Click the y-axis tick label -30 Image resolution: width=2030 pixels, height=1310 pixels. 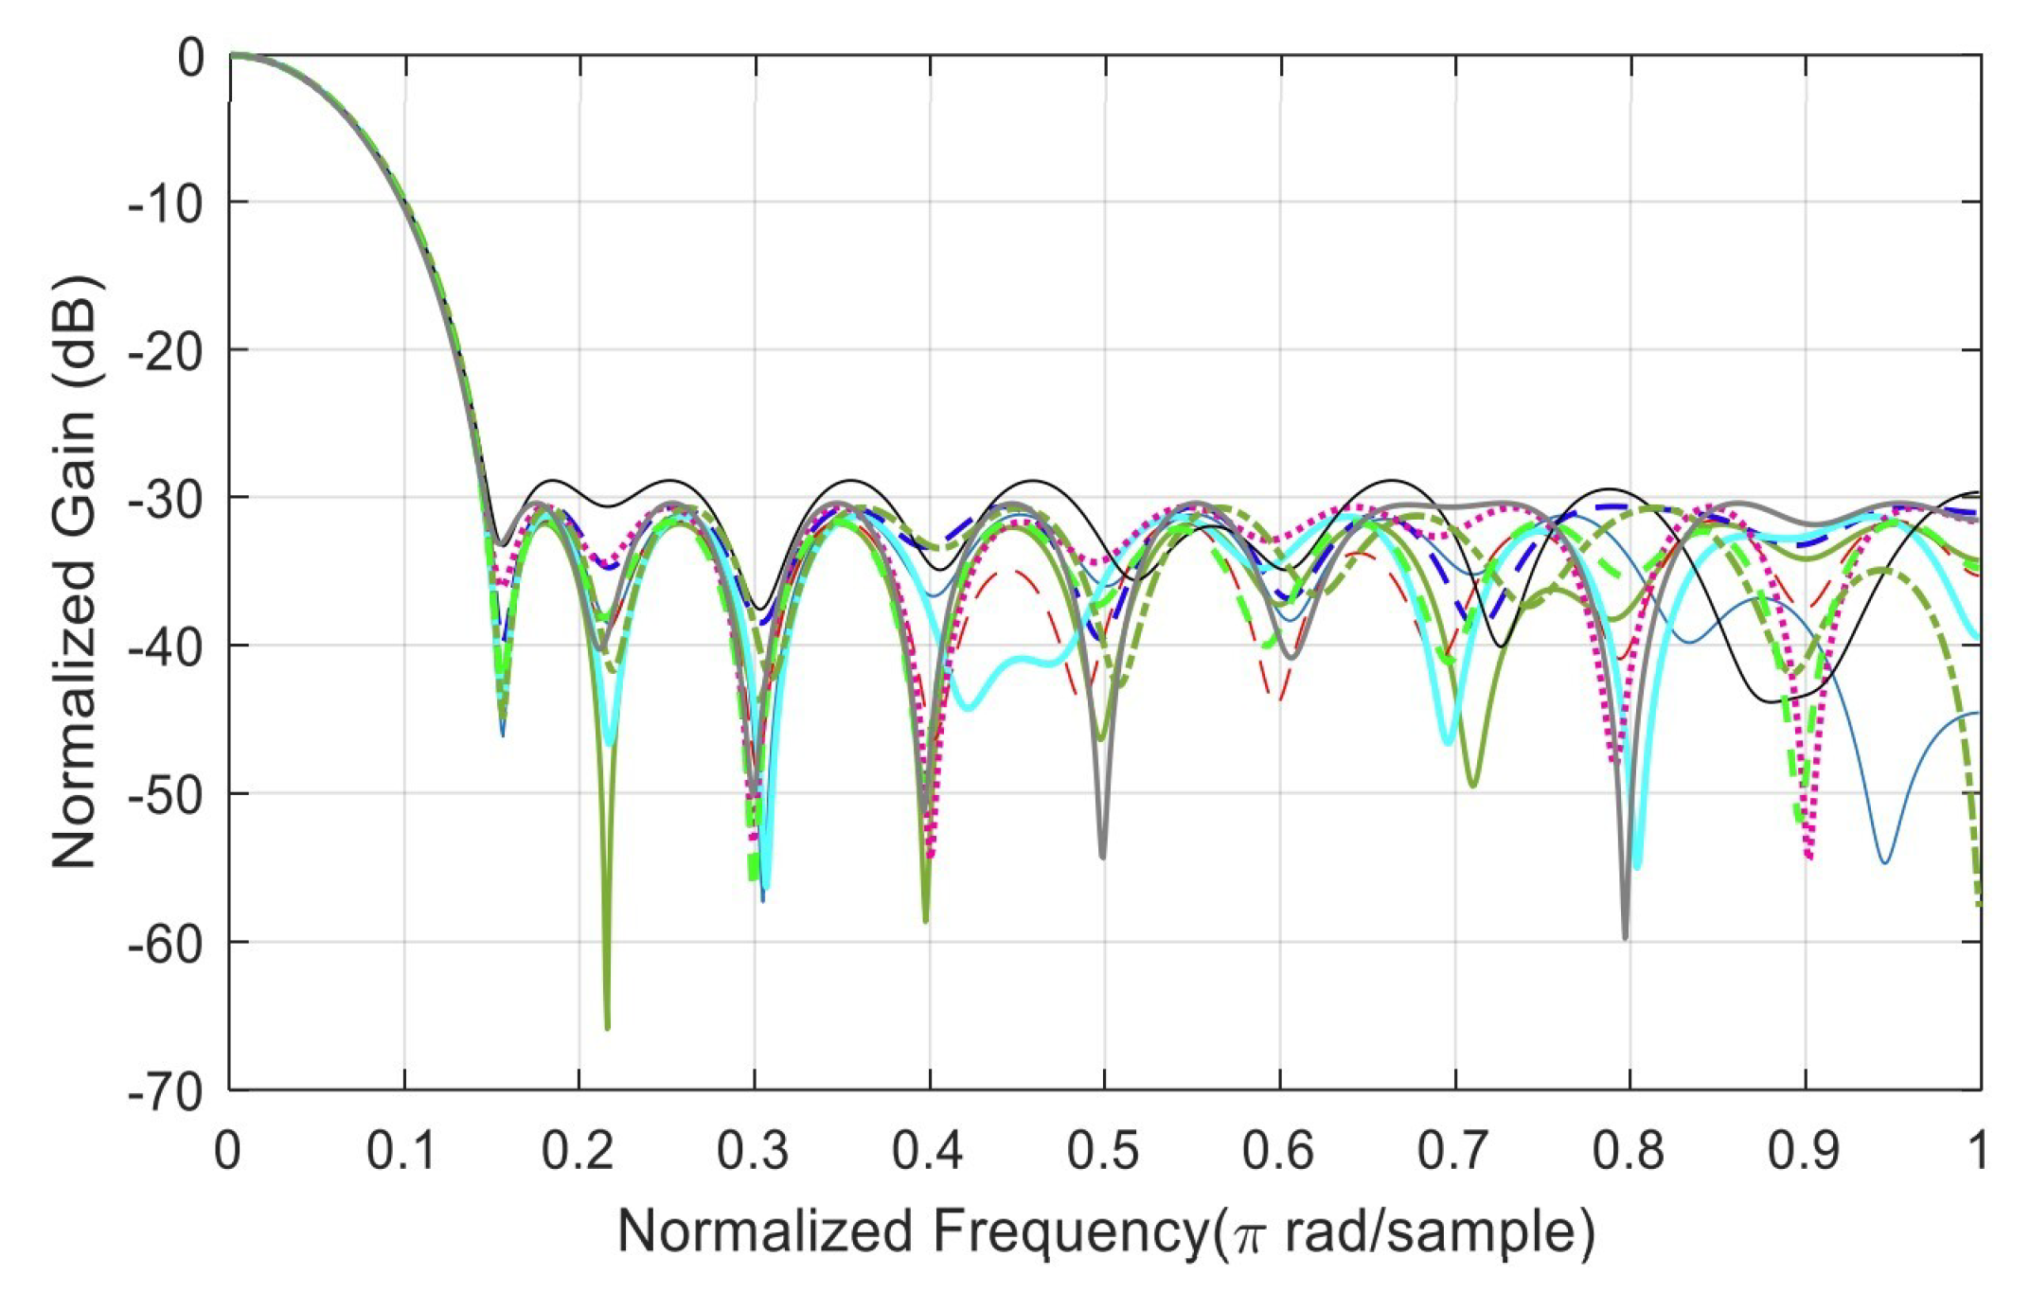click(x=166, y=500)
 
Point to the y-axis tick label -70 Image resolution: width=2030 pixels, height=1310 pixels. click(x=166, y=1092)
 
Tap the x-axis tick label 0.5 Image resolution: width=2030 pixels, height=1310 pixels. click(x=1104, y=1151)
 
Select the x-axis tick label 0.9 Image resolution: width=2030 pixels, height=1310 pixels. click(x=1805, y=1151)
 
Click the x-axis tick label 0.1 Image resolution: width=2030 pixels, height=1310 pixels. click(x=401, y=1151)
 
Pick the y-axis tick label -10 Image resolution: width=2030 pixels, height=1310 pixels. click(x=166, y=204)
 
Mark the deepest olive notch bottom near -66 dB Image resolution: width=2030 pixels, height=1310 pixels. click(x=607, y=1026)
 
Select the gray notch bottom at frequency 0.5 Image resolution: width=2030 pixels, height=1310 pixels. click(x=1103, y=856)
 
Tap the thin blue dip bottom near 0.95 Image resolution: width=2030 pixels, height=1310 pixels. click(x=1884, y=861)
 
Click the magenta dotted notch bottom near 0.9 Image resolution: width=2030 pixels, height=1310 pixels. click(x=1809, y=857)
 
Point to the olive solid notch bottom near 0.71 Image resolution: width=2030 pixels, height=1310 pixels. click(x=1472, y=785)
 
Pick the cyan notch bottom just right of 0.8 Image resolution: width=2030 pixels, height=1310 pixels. click(x=1637, y=866)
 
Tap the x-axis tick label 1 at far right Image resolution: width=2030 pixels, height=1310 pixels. click(x=1976, y=1151)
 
